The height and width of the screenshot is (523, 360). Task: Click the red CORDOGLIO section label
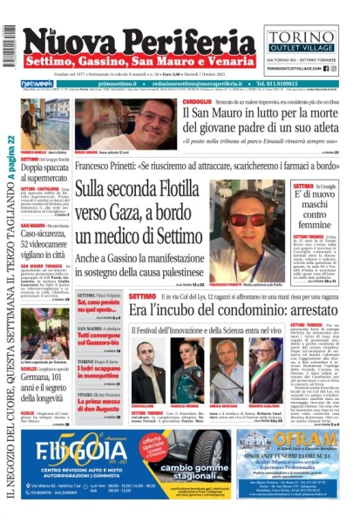197,102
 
